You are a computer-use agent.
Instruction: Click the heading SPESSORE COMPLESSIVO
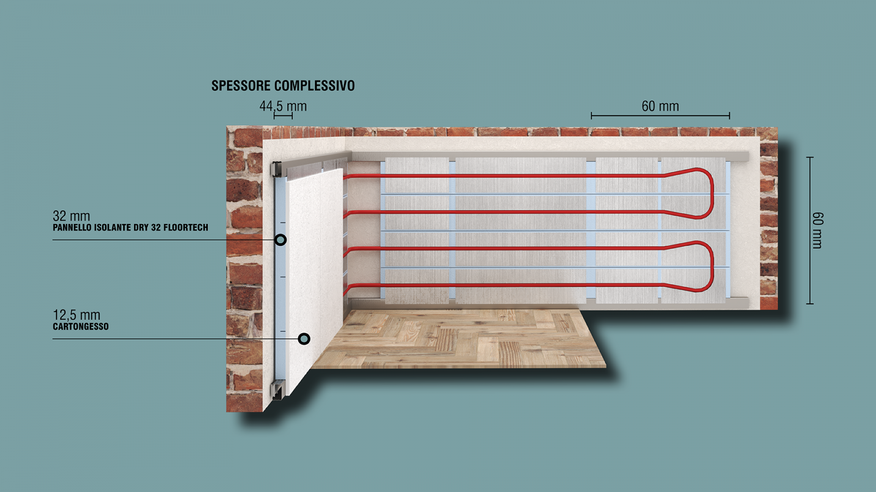pyautogui.click(x=283, y=85)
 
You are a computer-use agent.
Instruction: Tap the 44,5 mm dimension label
pyautogui.click(x=283, y=106)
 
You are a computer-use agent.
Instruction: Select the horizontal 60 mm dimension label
pyautogui.click(x=660, y=106)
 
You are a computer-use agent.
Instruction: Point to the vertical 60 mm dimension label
pyautogui.click(x=817, y=230)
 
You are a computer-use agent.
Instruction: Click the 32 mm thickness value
pyautogui.click(x=71, y=215)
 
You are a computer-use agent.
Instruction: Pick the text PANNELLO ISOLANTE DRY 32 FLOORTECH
pyautogui.click(x=131, y=227)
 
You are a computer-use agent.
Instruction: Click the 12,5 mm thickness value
pyautogui.click(x=77, y=315)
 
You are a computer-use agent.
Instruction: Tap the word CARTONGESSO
pyautogui.click(x=80, y=326)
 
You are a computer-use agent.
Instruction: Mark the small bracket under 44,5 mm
pyautogui.click(x=283, y=115)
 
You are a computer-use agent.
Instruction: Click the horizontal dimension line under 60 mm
pyautogui.click(x=660, y=115)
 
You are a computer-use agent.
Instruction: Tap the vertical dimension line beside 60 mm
pyautogui.click(x=810, y=230)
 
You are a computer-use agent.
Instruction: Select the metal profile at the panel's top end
pyautogui.click(x=276, y=169)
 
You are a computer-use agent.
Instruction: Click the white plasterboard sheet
pyautogui.click(x=315, y=281)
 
